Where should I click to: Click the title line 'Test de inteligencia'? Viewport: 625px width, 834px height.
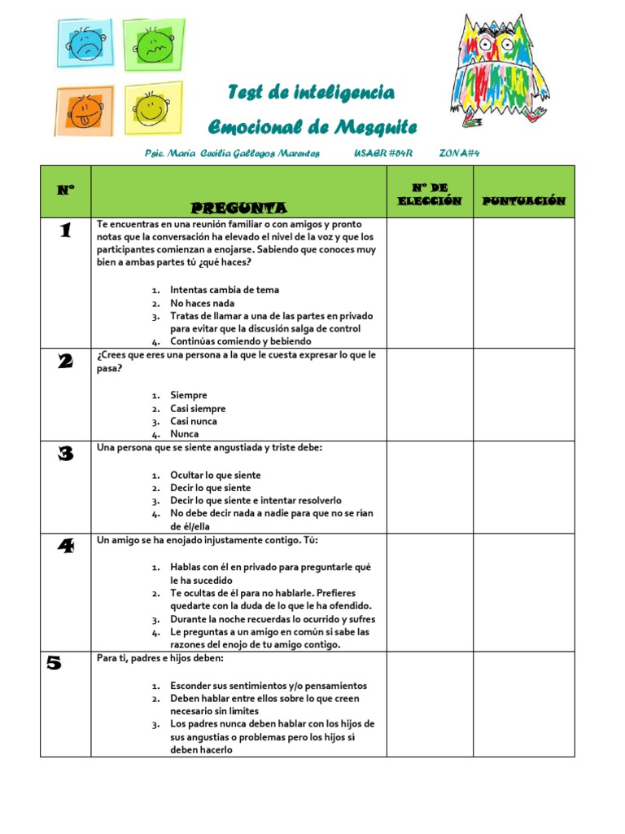(x=310, y=93)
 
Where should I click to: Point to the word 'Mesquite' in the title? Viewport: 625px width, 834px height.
(x=374, y=127)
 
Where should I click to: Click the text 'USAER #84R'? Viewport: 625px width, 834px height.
(x=383, y=153)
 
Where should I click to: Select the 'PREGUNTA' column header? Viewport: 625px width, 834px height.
(x=238, y=208)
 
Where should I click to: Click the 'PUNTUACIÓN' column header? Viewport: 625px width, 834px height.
(x=523, y=200)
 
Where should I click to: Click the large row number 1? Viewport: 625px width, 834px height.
(x=65, y=230)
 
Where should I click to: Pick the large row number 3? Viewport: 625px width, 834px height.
(x=65, y=454)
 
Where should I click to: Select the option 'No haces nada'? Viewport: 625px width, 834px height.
(x=202, y=303)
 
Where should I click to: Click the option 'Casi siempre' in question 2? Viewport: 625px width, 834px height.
(x=198, y=408)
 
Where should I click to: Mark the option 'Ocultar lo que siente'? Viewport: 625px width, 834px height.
(x=216, y=474)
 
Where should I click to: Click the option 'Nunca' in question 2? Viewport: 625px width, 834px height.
(x=184, y=434)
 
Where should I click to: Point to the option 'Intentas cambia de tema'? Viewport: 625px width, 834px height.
(x=224, y=290)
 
